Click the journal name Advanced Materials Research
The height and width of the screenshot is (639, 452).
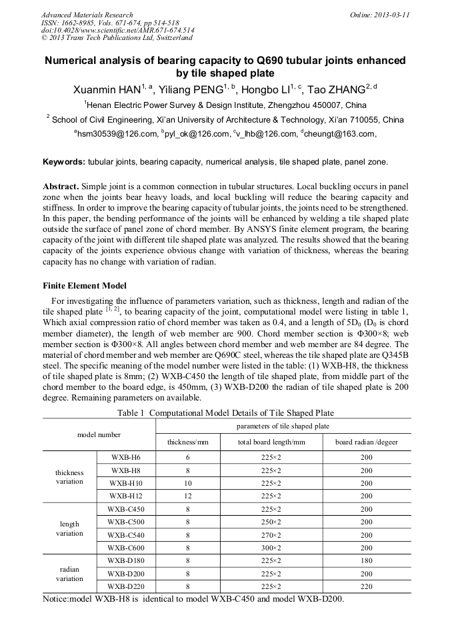point(87,14)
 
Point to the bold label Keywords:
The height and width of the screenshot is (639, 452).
point(64,162)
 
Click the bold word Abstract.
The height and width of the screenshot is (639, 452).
point(59,187)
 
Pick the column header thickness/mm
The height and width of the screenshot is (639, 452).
point(187,442)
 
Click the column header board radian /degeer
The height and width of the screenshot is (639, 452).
point(365,442)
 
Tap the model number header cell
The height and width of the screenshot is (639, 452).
point(99,434)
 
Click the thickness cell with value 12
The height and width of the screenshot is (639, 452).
point(187,496)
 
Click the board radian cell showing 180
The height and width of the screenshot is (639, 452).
point(365,560)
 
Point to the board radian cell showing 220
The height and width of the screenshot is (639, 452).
point(365,586)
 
